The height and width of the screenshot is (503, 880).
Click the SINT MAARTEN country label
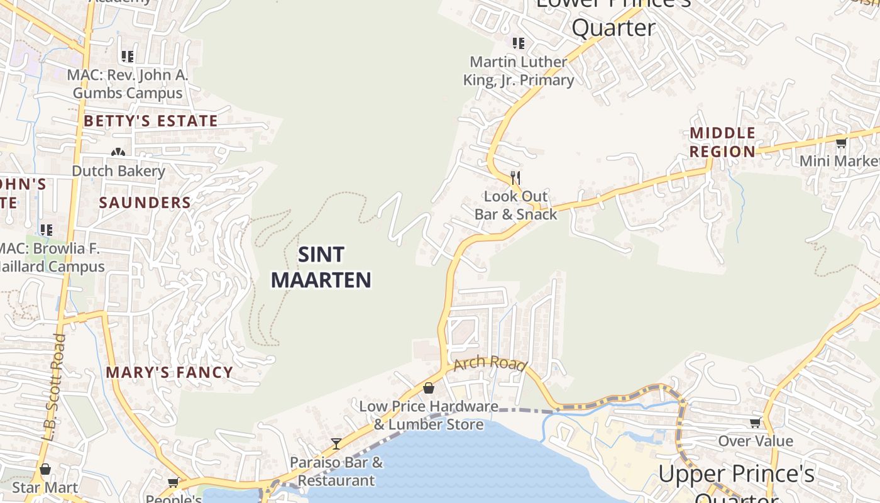pyautogui.click(x=321, y=267)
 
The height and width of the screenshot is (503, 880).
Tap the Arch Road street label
pyautogui.click(x=489, y=364)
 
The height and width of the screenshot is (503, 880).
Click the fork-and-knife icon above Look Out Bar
pyautogui.click(x=515, y=177)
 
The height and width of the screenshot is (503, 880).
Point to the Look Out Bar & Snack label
pyautogui.click(x=515, y=206)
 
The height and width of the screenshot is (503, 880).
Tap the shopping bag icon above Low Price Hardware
pyautogui.click(x=429, y=388)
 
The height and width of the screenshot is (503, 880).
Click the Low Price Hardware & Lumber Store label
pyautogui.click(x=429, y=416)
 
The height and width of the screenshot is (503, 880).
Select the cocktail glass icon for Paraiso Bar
pyautogui.click(x=336, y=444)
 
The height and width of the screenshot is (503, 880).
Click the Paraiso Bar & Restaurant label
pyautogui.click(x=336, y=472)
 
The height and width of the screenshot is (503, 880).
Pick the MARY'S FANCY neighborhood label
pyautogui.click(x=170, y=372)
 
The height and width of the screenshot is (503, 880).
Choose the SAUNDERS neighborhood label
pyautogui.click(x=145, y=202)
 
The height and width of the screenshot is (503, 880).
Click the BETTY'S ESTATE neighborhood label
pyautogui.click(x=151, y=121)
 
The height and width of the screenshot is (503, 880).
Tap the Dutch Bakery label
pyautogui.click(x=118, y=171)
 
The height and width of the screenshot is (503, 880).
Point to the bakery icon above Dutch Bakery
pyautogui.click(x=118, y=152)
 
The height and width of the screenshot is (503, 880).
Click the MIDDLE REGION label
pyautogui.click(x=723, y=142)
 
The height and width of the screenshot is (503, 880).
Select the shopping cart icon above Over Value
pyautogui.click(x=755, y=423)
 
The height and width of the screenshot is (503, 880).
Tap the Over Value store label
pyautogui.click(x=756, y=441)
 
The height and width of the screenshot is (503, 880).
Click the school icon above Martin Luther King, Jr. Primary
pyautogui.click(x=518, y=43)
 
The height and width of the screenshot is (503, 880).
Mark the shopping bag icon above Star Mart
pyautogui.click(x=45, y=469)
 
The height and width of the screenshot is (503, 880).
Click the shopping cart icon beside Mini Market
pyautogui.click(x=841, y=143)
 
